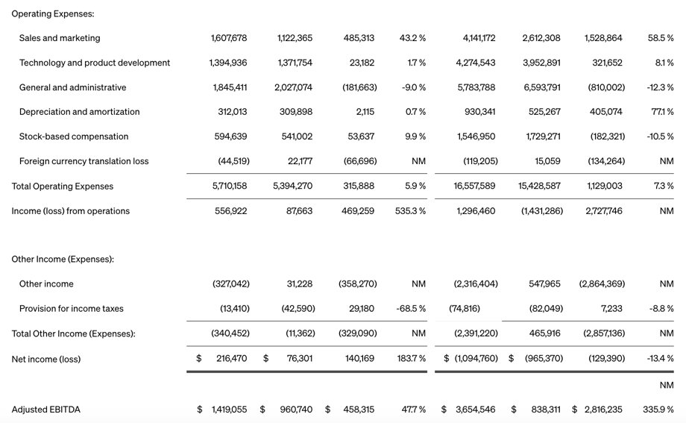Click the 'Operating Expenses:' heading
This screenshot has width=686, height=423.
(x=52, y=13)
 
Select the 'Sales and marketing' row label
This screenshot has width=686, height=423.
(x=60, y=38)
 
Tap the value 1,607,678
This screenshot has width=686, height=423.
(x=229, y=38)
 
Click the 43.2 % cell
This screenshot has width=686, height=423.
(x=412, y=38)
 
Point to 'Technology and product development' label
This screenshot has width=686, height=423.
(x=95, y=63)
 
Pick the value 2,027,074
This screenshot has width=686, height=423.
(x=293, y=87)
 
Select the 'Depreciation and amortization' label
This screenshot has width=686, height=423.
(x=79, y=112)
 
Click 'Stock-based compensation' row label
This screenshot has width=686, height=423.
(x=74, y=137)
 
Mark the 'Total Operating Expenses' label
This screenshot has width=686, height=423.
(x=63, y=187)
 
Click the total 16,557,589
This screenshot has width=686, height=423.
(x=474, y=186)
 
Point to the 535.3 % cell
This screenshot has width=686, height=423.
(x=411, y=211)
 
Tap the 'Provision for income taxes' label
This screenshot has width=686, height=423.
(x=72, y=309)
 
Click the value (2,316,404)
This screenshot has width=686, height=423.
(x=476, y=284)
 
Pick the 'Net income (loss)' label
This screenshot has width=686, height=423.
(x=46, y=360)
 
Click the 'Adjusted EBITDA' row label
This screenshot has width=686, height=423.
(x=46, y=410)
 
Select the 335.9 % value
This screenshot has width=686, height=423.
(x=658, y=410)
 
